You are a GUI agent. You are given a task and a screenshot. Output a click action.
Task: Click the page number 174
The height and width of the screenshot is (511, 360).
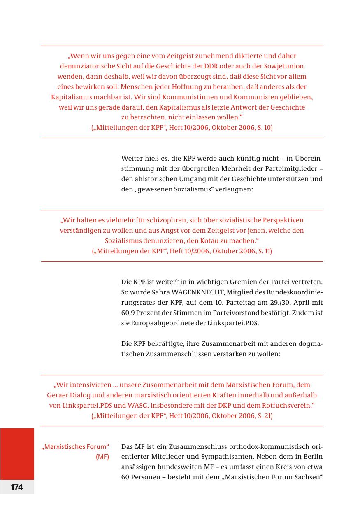[17, 487]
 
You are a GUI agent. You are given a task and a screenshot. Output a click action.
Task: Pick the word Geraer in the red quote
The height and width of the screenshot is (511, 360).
[58, 395]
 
